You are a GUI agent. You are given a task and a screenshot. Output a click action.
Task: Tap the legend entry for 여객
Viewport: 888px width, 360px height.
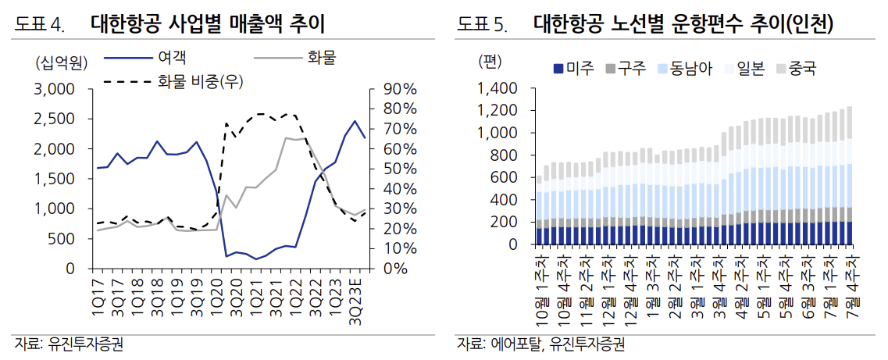pyautogui.click(x=171, y=56)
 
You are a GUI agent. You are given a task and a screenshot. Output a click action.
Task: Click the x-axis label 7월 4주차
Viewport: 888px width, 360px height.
pyautogui.click(x=850, y=287)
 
